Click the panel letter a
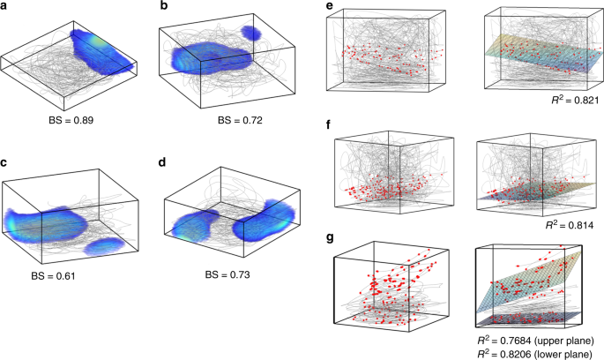click(6, 8)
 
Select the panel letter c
click(6, 163)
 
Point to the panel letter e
click(328, 7)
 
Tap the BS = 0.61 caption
click(59, 274)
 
